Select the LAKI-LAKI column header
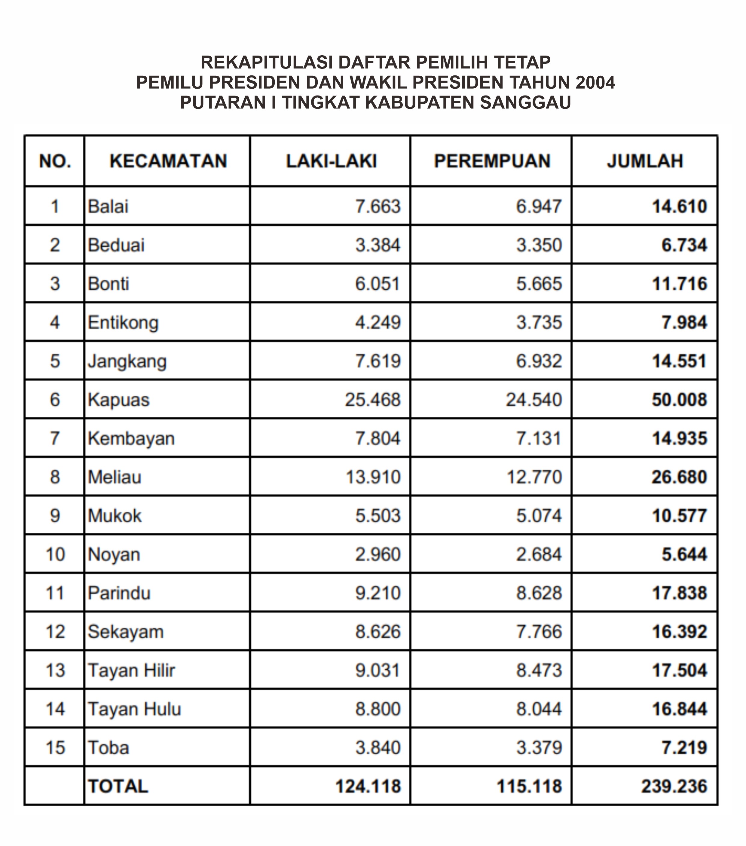point(331,161)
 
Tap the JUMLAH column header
point(645,161)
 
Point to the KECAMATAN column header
point(168,161)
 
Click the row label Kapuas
point(118,400)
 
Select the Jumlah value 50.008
point(679,400)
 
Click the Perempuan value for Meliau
point(534,477)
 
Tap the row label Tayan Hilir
point(131,670)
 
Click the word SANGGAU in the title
point(525,102)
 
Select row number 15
point(55,747)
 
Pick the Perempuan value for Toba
point(539,747)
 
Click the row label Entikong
point(123,322)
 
